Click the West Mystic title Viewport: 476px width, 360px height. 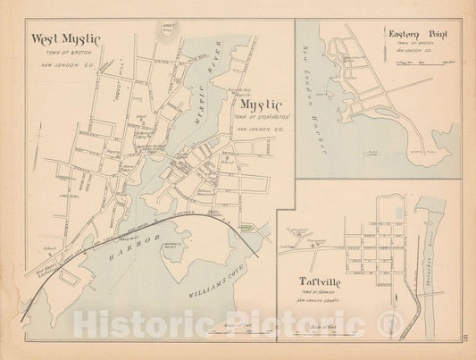tap(65, 39)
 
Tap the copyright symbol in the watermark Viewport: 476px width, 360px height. tap(388, 326)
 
